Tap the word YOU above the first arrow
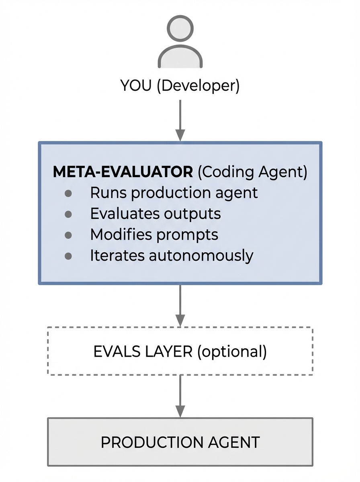(x=136, y=86)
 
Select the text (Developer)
(x=198, y=86)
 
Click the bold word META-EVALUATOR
(x=123, y=172)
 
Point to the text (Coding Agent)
(x=252, y=172)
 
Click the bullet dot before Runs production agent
(x=68, y=193)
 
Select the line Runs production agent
(x=174, y=193)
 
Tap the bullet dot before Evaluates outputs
(x=68, y=214)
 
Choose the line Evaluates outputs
(x=155, y=214)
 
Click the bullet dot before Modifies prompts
(x=68, y=235)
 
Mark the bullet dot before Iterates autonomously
(x=68, y=256)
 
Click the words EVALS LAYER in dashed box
(x=143, y=351)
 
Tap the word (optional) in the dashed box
(x=232, y=351)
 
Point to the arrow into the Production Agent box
(x=180, y=397)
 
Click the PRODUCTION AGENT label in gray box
(x=180, y=442)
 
